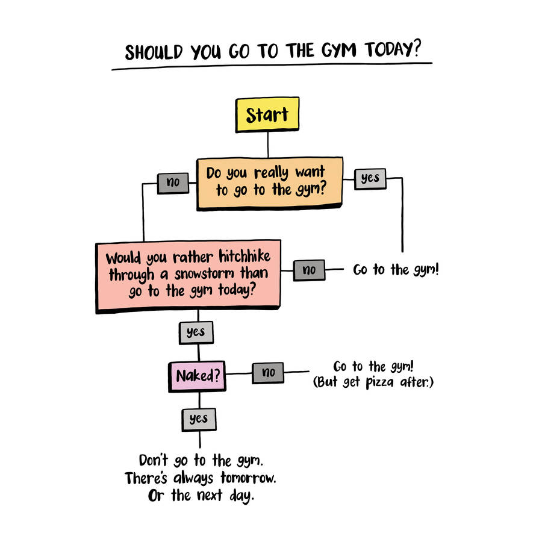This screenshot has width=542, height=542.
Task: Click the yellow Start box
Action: pyautogui.click(x=267, y=114)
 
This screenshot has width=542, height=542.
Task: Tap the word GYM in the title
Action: pyautogui.click(x=338, y=51)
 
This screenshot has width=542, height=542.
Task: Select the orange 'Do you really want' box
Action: pyautogui.click(x=270, y=183)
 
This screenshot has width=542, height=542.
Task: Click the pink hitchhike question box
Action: pyautogui.click(x=188, y=276)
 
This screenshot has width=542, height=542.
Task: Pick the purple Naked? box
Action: pyautogui.click(x=197, y=376)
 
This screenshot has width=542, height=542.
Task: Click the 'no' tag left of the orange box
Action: pyautogui.click(x=173, y=183)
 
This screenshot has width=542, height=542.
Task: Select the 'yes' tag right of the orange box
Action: pyautogui.click(x=370, y=179)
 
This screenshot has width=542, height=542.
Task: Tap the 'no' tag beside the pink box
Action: pyautogui.click(x=309, y=270)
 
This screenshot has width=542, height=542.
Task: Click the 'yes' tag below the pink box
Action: pyautogui.click(x=196, y=332)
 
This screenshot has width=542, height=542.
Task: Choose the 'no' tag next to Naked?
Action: pyautogui.click(x=268, y=373)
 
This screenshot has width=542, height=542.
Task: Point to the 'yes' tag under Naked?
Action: pyautogui.click(x=199, y=420)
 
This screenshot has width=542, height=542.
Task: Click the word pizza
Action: pyautogui.click(x=379, y=382)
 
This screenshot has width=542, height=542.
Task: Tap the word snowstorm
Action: pyautogui.click(x=204, y=274)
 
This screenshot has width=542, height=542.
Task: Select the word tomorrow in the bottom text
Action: pyautogui.click(x=248, y=478)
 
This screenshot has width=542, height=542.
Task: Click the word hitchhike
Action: pyautogui.click(x=245, y=257)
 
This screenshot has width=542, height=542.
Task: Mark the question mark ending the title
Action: pyautogui.click(x=417, y=48)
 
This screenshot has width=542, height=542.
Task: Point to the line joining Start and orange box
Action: pyautogui.click(x=268, y=145)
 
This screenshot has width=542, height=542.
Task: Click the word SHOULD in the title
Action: pyautogui.click(x=154, y=52)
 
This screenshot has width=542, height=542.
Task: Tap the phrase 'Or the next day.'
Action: pyautogui.click(x=201, y=496)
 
